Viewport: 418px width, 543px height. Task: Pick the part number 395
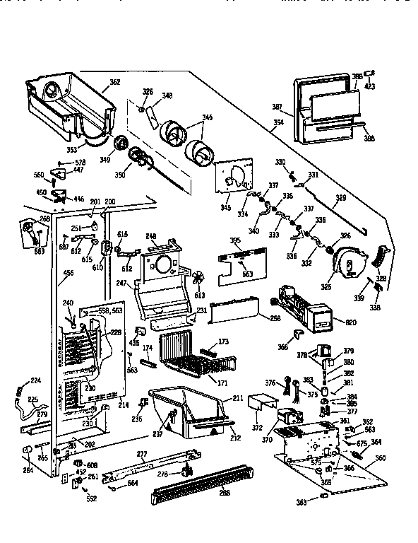point(236,242)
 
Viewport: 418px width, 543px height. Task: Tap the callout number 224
point(35,381)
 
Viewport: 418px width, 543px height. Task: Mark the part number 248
point(150,237)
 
